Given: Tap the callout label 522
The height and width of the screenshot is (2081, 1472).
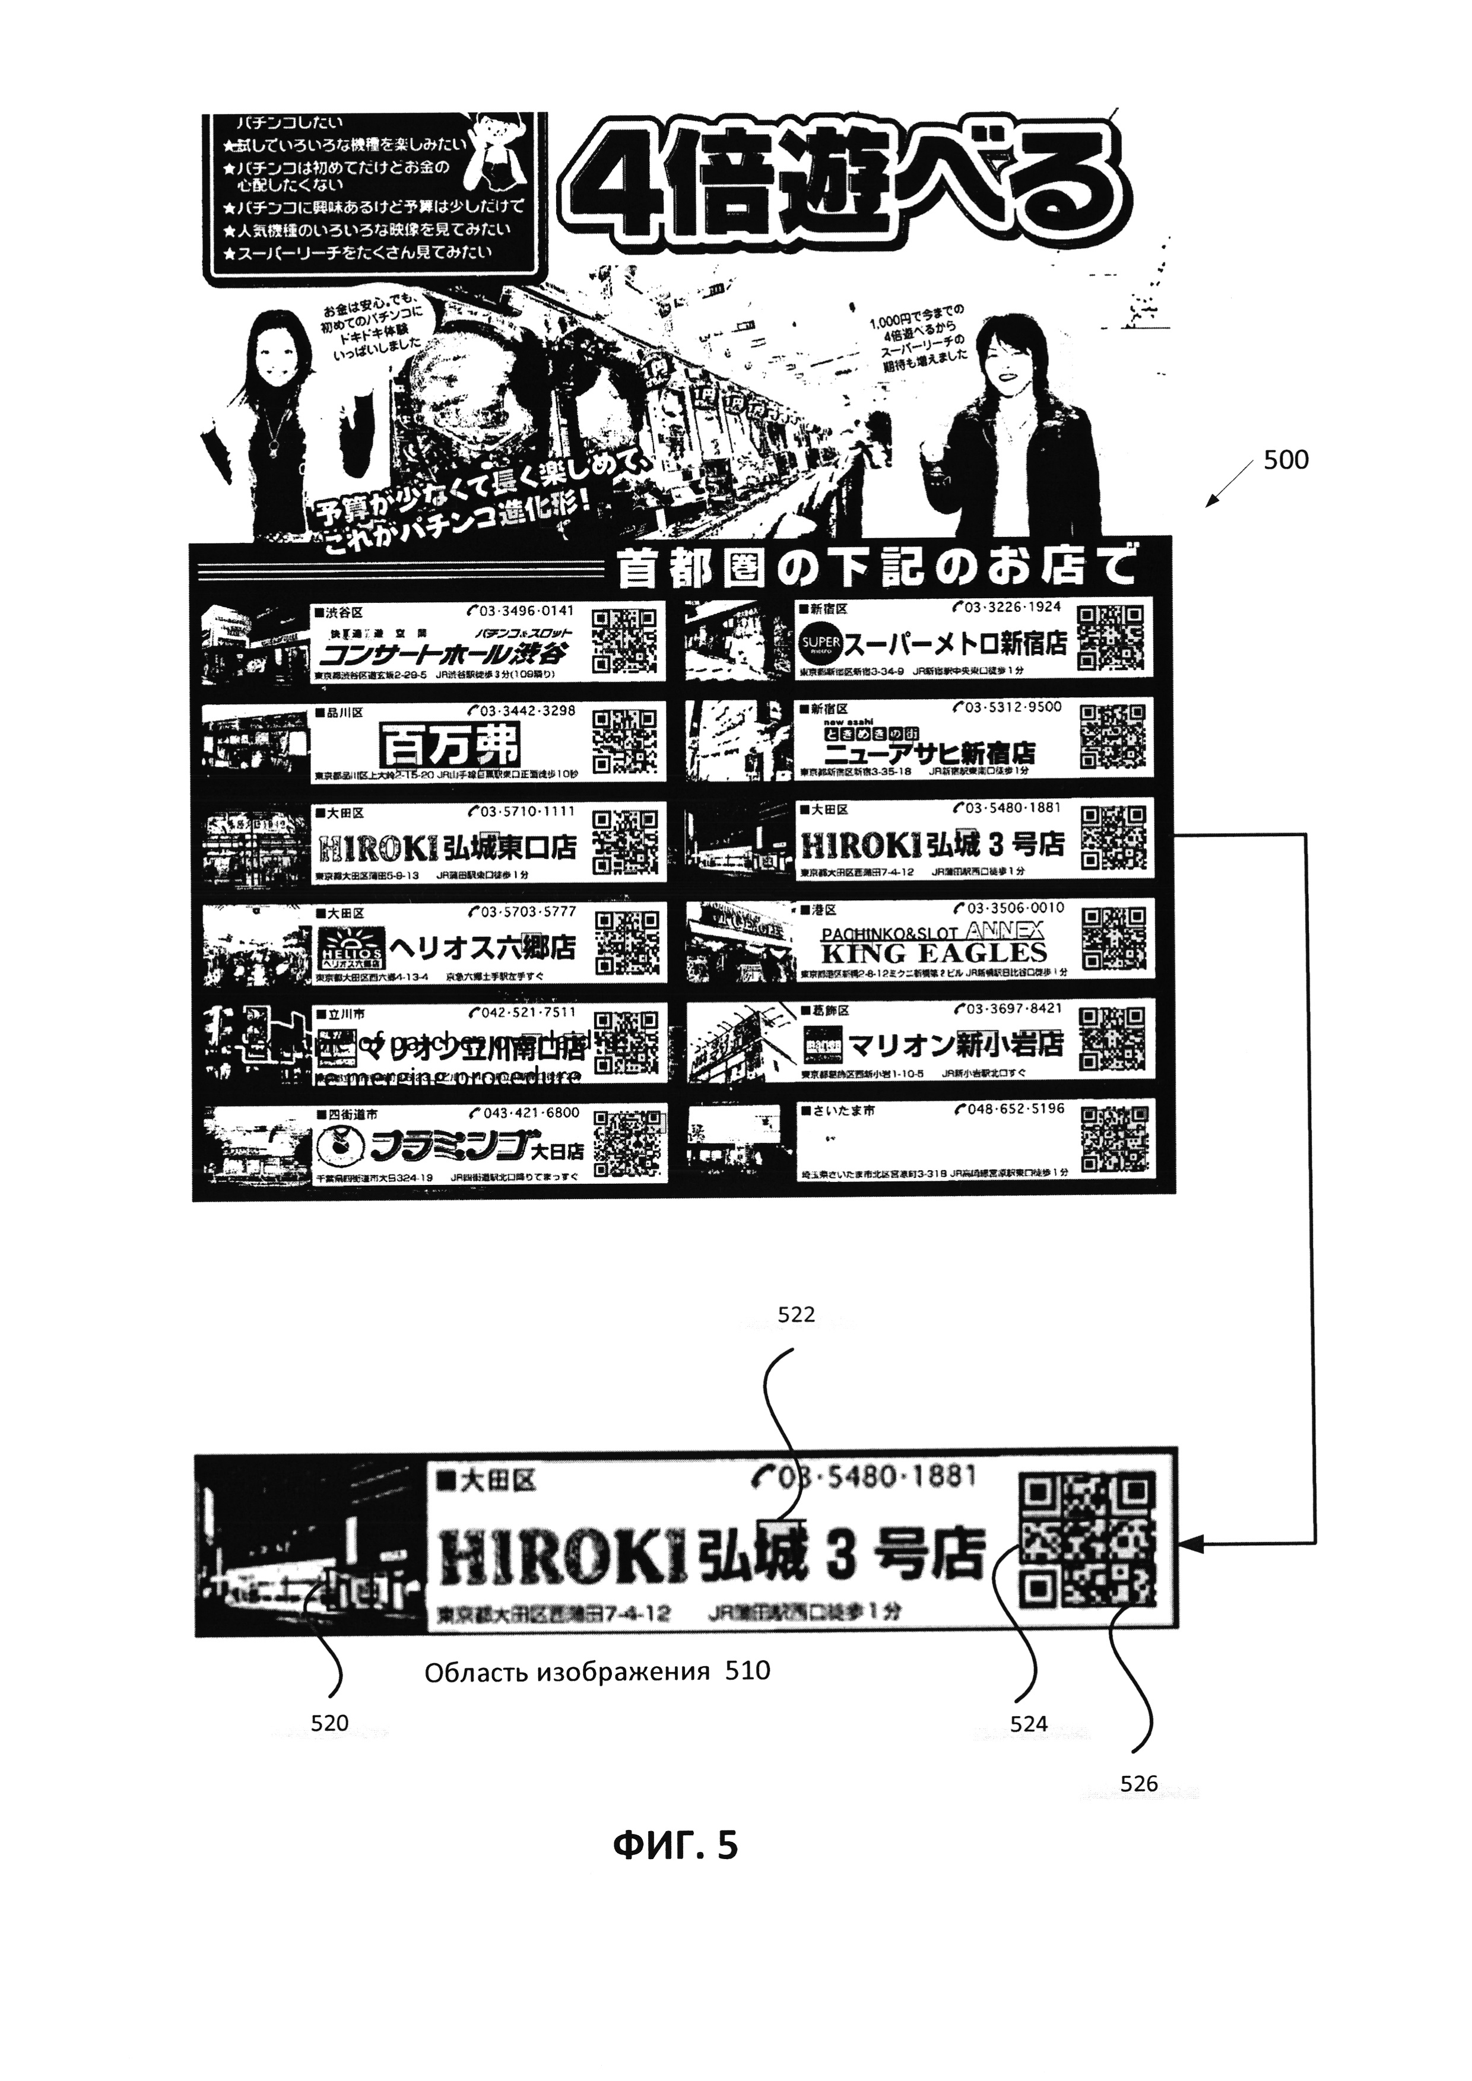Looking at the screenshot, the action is (797, 1314).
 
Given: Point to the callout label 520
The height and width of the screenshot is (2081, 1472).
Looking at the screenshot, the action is (329, 1723).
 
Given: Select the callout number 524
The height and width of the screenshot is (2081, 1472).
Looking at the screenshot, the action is (1029, 1724).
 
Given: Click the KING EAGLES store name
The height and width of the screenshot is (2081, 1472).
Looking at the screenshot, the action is (934, 952).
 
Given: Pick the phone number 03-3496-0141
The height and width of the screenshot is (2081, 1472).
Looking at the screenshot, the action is (521, 611).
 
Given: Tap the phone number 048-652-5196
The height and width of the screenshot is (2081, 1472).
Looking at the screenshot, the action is (1008, 1108).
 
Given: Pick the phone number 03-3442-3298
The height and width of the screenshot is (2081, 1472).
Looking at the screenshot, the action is (521, 711).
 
